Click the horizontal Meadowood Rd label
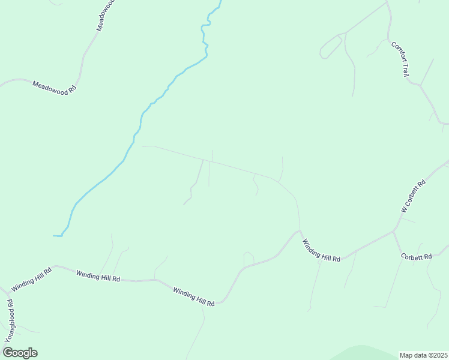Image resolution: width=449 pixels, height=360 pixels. [x=55, y=87]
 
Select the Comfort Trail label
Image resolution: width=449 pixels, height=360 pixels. [x=400, y=58]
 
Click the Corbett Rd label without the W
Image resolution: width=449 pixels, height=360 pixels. [x=417, y=257]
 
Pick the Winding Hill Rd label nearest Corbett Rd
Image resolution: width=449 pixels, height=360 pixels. [x=321, y=250]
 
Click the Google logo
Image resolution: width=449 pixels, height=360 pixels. [x=20, y=353]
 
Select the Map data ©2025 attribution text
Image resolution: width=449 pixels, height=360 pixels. [x=424, y=355]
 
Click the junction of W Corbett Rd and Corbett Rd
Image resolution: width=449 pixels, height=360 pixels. [x=393, y=231]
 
